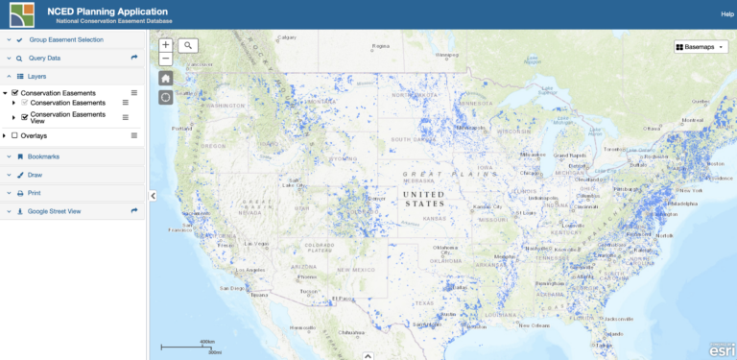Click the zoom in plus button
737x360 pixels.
[166, 45]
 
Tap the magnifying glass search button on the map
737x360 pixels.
[188, 45]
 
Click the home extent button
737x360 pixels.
[166, 78]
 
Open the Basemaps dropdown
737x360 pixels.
[701, 46]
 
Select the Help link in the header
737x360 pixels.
[726, 14]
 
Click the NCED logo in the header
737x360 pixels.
[16, 14]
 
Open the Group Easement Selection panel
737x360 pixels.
[66, 40]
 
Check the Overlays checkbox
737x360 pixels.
[14, 135]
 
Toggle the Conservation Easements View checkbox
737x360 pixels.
[25, 117]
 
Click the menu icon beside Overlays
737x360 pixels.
[134, 135]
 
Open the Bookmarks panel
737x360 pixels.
[43, 156]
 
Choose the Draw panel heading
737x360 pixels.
[36, 175]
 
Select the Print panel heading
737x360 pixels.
[35, 193]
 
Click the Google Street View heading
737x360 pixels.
[55, 211]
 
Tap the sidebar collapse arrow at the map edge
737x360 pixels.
[153, 195]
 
